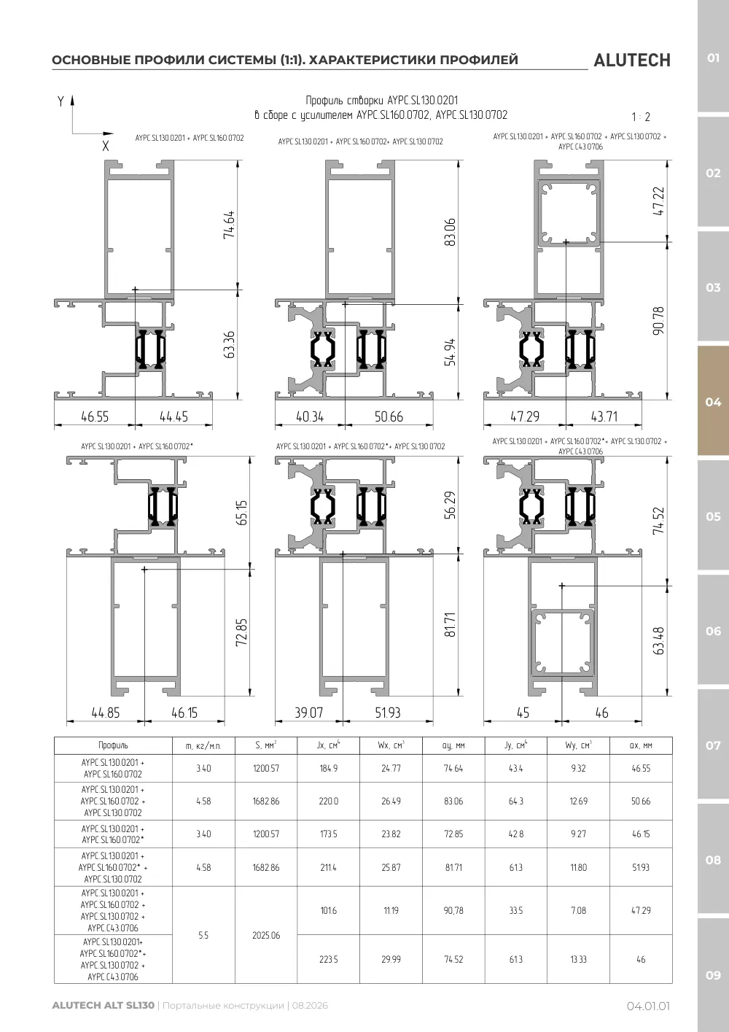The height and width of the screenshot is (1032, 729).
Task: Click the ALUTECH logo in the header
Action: [632, 61]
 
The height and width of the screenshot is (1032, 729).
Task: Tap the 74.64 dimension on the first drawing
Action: [229, 225]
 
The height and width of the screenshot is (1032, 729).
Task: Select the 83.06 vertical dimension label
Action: [450, 232]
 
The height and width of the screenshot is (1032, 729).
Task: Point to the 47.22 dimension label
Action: [659, 201]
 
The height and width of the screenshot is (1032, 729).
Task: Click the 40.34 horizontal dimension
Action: [310, 416]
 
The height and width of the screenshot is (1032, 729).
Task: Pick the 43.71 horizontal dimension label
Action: [604, 416]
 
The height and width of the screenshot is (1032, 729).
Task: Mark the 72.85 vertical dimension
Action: [241, 632]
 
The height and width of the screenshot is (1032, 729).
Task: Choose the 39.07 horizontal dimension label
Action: [309, 713]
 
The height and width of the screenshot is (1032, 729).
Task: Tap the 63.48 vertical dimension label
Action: [658, 641]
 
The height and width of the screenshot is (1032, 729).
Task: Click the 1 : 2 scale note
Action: [641, 117]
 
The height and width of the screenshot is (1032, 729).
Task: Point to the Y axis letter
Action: [61, 101]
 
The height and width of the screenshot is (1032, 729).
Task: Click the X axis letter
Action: [106, 146]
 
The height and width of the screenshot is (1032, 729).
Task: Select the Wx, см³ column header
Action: [391, 745]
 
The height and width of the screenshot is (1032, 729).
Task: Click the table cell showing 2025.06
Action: [266, 935]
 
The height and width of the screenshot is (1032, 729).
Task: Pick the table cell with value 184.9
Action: [328, 768]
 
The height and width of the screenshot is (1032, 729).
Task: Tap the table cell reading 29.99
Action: [391, 959]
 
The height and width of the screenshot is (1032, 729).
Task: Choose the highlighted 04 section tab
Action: [713, 402]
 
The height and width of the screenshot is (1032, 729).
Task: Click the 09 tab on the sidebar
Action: [713, 975]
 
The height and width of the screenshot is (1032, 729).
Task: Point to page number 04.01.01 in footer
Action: [648, 1006]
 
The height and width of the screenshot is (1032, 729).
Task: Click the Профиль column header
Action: [113, 745]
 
